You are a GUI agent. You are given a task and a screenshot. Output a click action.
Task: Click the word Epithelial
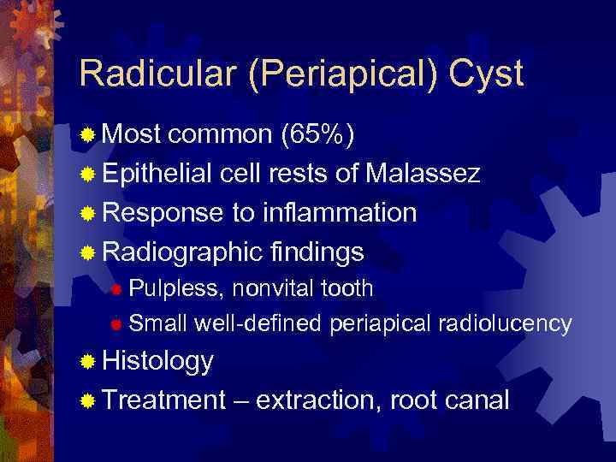156,174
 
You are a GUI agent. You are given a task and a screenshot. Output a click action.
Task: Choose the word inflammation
342,212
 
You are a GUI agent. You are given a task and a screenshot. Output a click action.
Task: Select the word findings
316,252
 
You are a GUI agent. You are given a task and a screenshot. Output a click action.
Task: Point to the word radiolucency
505,323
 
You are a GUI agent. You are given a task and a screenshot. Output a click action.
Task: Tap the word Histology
158,361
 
